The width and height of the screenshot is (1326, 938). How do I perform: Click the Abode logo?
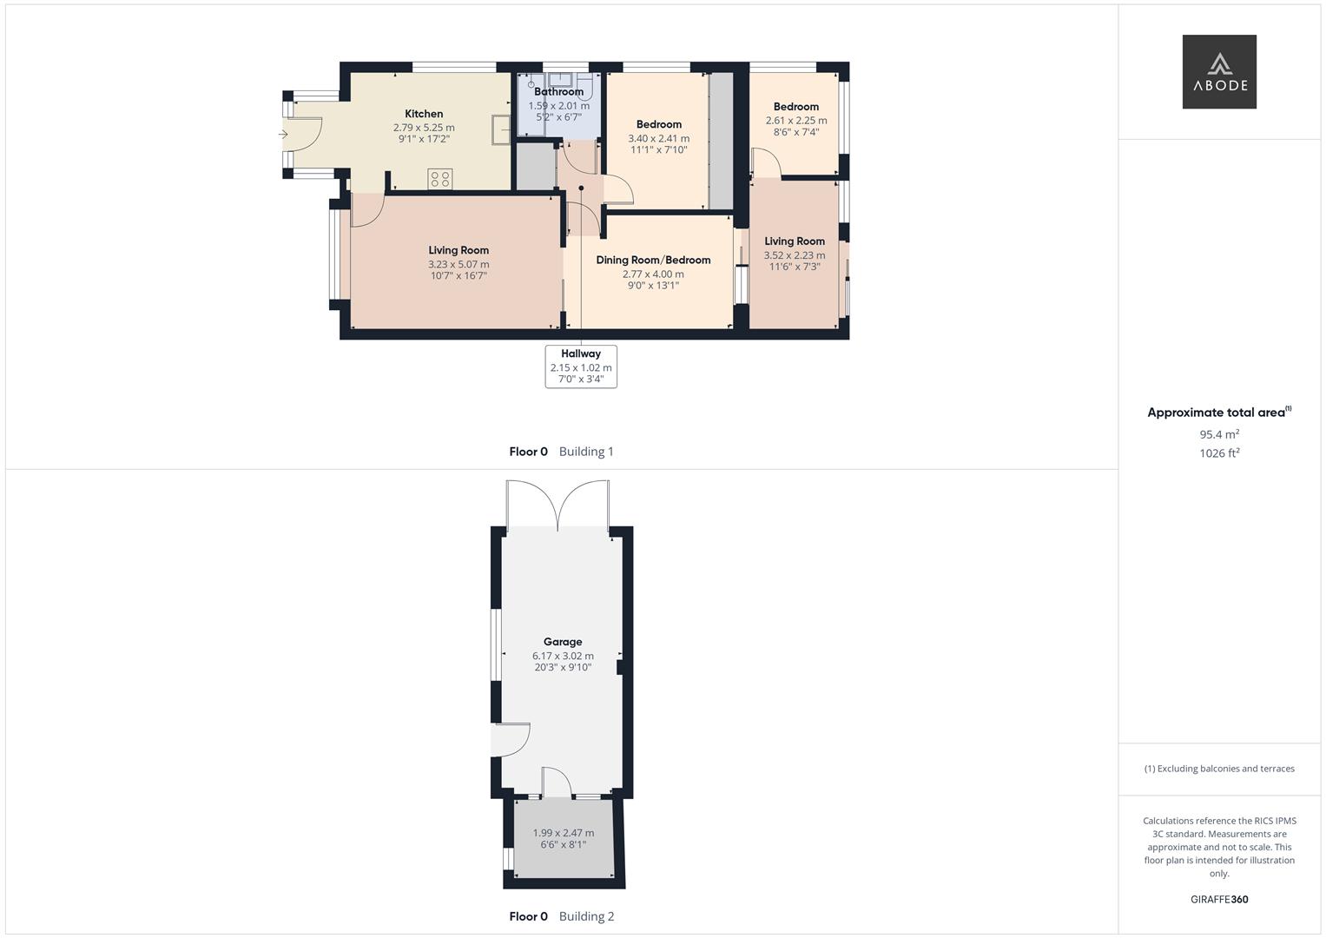point(1219,71)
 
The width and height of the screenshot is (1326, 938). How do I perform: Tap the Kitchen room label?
point(424,114)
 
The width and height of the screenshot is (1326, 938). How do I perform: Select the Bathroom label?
point(559,92)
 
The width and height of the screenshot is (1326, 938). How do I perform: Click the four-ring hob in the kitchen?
point(440,179)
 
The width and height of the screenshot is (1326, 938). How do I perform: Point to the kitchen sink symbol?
point(501,129)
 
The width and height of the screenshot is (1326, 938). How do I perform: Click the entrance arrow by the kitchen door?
point(284,135)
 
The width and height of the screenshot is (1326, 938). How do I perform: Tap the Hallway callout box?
point(581,367)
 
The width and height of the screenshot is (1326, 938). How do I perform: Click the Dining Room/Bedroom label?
point(653,260)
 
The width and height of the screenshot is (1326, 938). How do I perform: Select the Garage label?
point(563,641)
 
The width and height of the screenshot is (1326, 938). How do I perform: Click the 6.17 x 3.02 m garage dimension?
point(563,656)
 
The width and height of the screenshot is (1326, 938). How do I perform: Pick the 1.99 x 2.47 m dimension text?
point(563,833)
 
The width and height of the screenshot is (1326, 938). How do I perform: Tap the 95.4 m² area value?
point(1219,434)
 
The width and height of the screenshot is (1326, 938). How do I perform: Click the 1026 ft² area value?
point(1219,453)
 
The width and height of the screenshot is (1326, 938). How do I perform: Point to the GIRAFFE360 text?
point(1219,899)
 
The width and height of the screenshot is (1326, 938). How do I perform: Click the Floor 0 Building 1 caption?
point(561,452)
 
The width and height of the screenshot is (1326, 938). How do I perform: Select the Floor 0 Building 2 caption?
point(561,916)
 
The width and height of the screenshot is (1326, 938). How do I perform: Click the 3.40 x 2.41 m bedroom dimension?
point(659,139)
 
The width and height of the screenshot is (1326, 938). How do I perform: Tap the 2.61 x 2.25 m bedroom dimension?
point(796,120)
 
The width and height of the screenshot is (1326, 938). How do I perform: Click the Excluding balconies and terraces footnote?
point(1219,769)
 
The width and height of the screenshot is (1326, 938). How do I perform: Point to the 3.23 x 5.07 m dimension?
point(458,264)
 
